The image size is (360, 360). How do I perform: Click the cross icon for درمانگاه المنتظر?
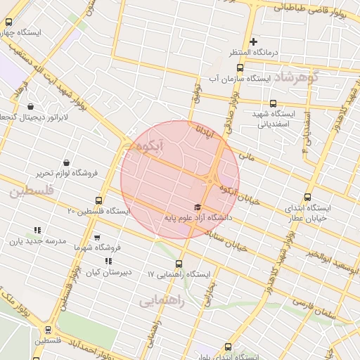(254, 42)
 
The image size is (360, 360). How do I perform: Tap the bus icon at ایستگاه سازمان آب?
(240, 68)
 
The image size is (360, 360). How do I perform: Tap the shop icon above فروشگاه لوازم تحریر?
(66, 162)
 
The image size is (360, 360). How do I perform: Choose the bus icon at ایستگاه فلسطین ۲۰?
(98, 200)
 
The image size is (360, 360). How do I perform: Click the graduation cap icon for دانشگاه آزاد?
(198, 207)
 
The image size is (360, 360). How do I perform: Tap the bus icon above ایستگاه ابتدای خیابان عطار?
(307, 198)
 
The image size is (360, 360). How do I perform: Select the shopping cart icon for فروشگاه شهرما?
(97, 238)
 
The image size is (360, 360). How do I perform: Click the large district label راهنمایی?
(160, 302)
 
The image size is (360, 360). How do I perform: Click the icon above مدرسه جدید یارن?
(37, 230)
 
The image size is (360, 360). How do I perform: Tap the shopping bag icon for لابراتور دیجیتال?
(31, 107)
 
